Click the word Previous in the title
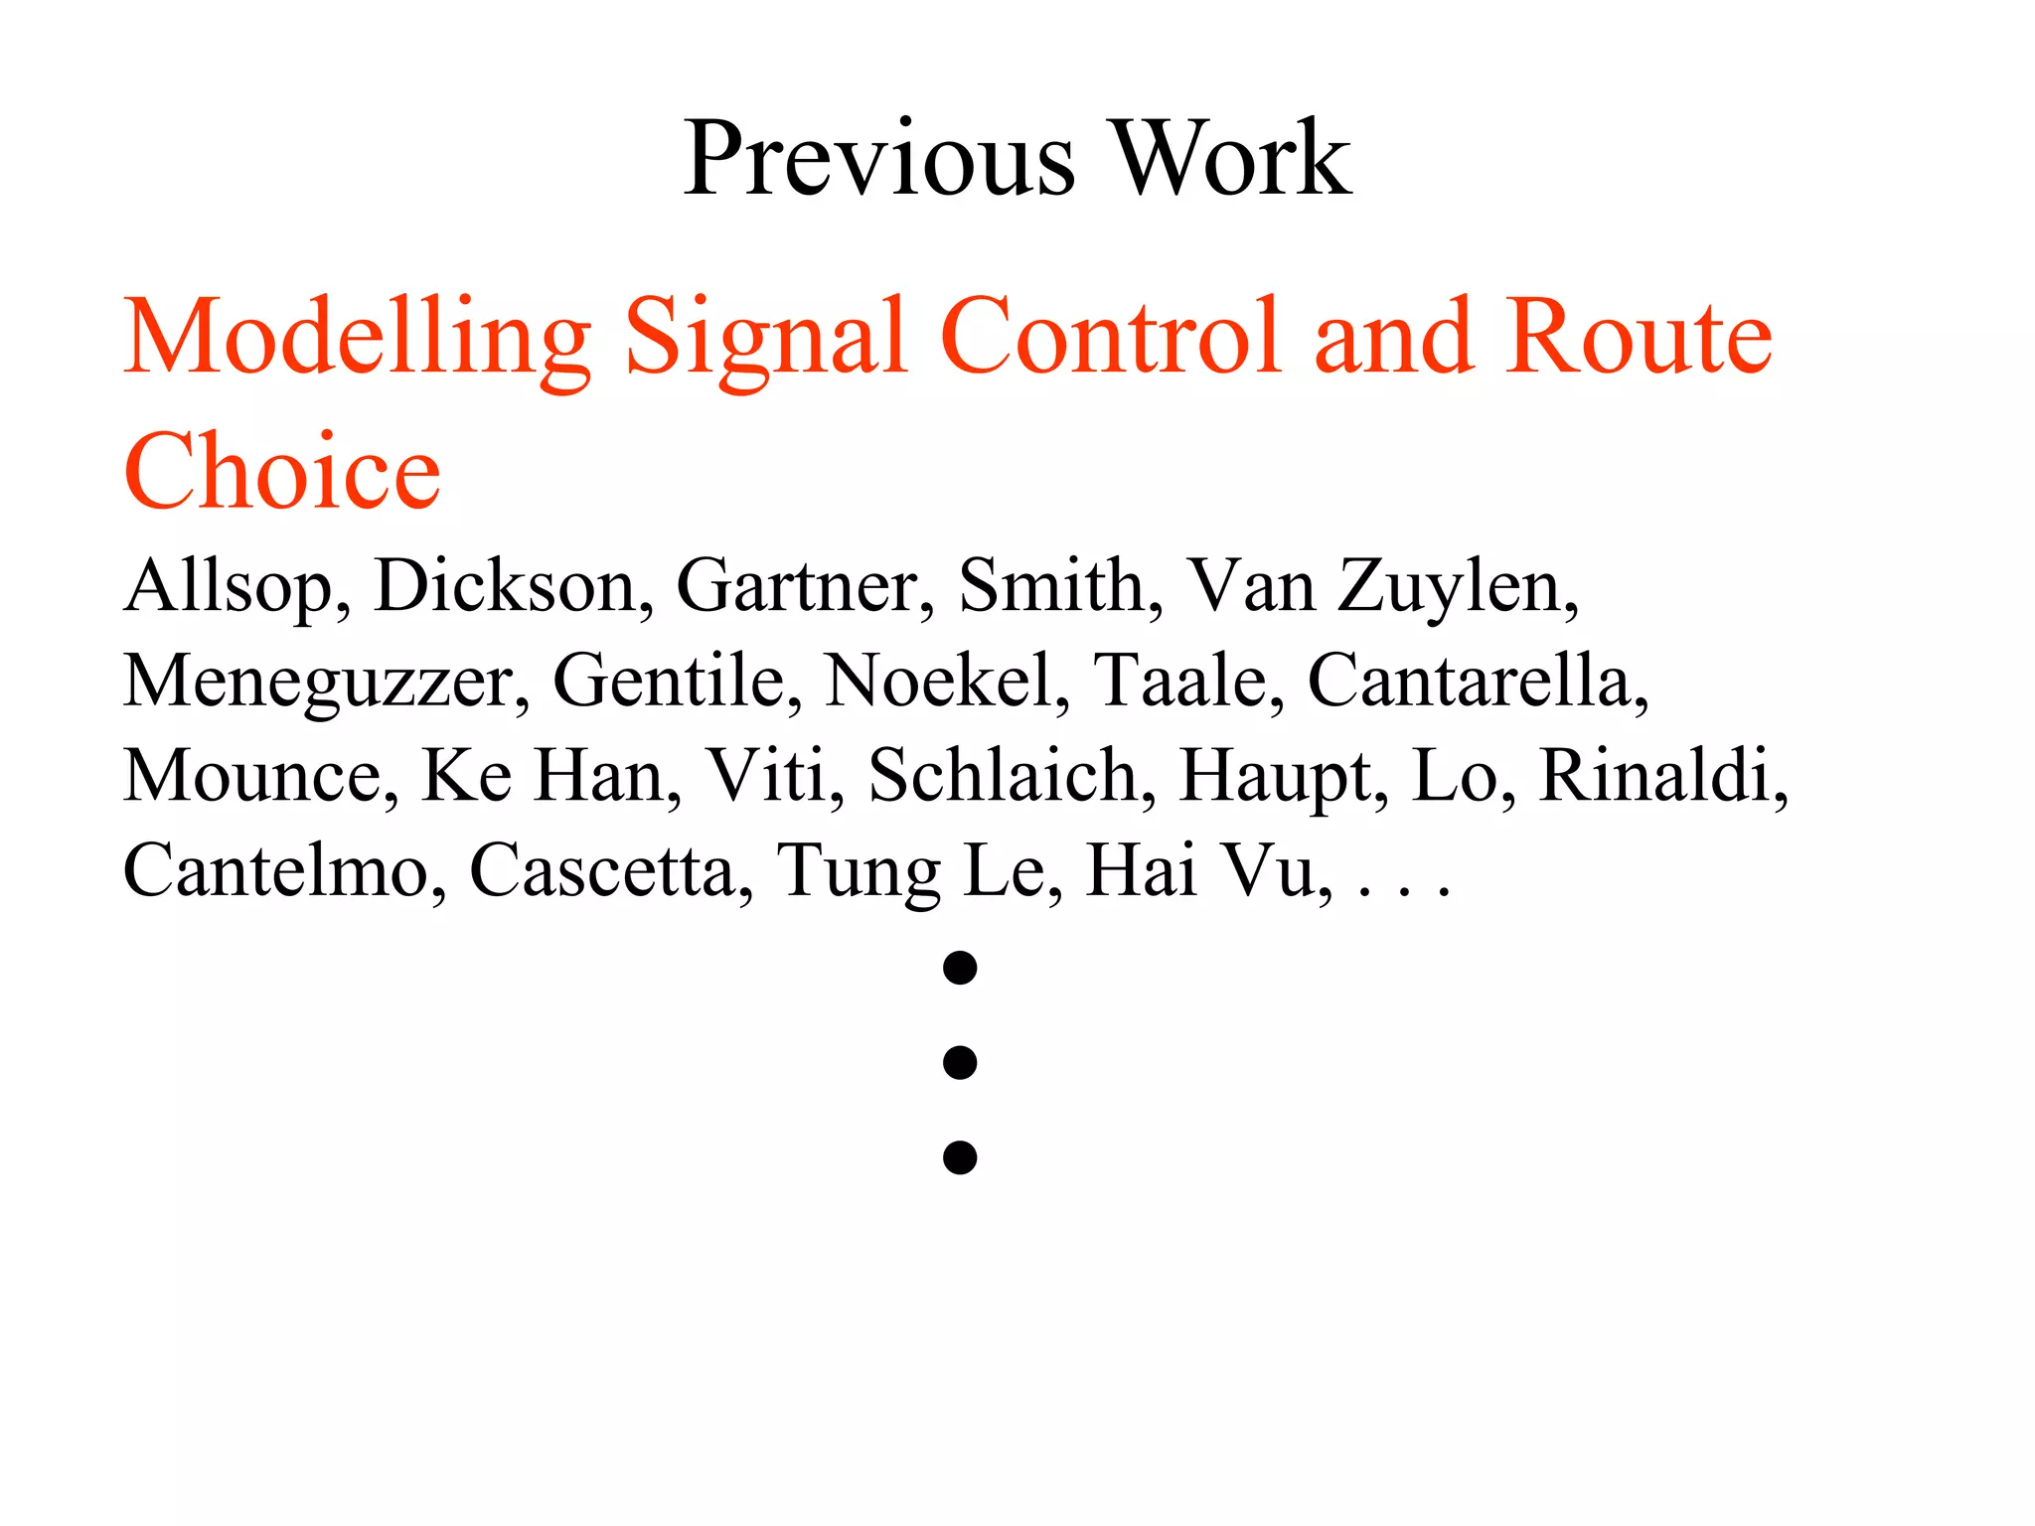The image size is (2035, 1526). [x=878, y=159]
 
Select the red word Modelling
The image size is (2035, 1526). [x=358, y=338]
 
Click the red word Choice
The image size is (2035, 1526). [x=282, y=471]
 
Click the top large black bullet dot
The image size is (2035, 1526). [x=960, y=968]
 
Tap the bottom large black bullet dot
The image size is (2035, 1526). [x=960, y=1157]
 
